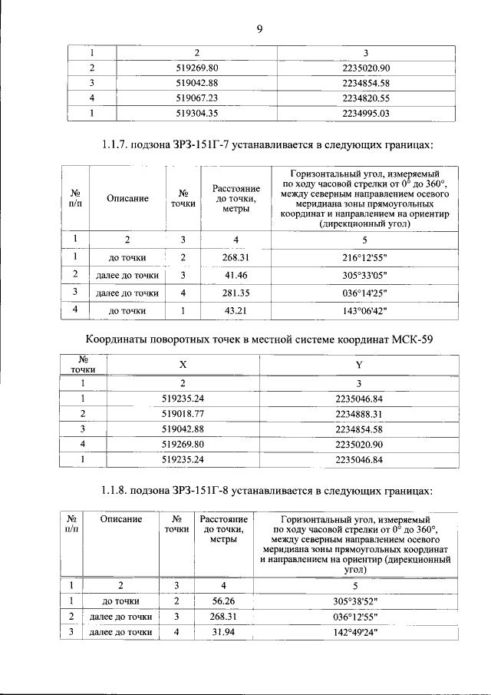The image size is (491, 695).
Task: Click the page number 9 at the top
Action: point(259,29)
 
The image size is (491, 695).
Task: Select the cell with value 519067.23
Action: point(197,98)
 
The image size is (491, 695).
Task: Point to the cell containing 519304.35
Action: point(197,113)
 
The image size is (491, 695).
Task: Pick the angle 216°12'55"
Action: point(365,256)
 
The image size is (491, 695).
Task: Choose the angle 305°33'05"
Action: point(365,274)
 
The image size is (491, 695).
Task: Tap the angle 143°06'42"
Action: point(365,311)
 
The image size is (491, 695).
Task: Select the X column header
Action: point(183,364)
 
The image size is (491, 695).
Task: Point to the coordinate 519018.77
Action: point(183,413)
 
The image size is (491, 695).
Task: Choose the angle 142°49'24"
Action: point(354,632)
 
